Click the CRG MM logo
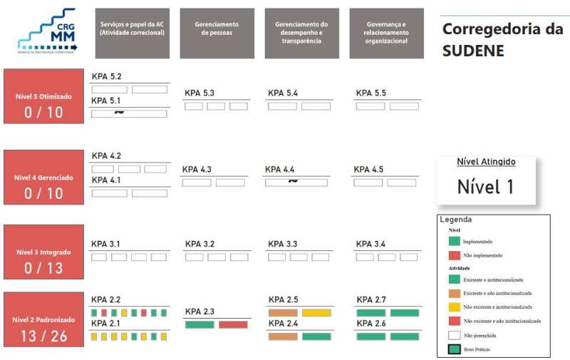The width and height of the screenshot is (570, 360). (x=46, y=31)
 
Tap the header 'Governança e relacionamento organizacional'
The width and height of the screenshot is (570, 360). (x=385, y=33)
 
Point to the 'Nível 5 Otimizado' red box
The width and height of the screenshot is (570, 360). (x=43, y=96)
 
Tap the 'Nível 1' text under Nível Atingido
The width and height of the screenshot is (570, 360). (x=485, y=187)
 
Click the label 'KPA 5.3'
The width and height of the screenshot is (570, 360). (x=199, y=93)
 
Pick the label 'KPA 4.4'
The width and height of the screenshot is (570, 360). (x=280, y=170)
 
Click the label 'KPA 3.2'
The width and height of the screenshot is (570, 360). (x=199, y=245)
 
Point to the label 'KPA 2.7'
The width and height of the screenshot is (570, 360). (x=371, y=299)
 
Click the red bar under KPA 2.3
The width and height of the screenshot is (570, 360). (x=233, y=324)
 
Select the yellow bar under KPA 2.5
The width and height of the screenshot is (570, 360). (x=316, y=312)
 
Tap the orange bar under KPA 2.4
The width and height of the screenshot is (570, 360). (x=283, y=336)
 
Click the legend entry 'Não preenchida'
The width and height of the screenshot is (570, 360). (x=479, y=334)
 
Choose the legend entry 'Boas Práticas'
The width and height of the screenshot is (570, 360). (x=477, y=349)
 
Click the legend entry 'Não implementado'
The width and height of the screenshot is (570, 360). (x=482, y=254)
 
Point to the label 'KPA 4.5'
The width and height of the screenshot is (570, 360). (x=368, y=170)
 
